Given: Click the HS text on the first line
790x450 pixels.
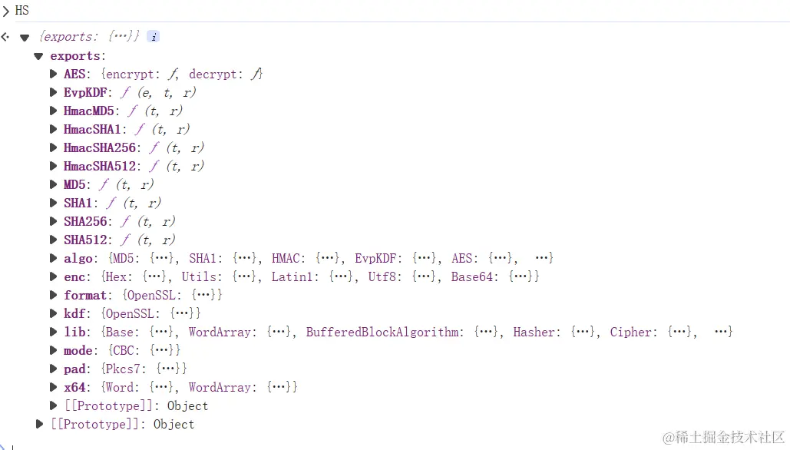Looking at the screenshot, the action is point(21,11).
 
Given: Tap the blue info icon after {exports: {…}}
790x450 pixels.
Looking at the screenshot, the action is point(153,37).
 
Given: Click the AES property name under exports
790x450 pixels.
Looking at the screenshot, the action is point(74,74).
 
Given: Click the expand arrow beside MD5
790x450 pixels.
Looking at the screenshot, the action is point(54,184).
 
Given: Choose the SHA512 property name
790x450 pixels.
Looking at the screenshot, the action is point(85,240).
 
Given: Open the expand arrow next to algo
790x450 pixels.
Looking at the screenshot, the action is point(54,258).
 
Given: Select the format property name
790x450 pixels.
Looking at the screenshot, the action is point(84,295).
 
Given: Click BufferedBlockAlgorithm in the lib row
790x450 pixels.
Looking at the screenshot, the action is point(384,332).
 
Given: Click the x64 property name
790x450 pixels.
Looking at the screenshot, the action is point(74,387).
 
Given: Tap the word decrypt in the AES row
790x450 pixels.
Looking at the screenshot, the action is point(214,74).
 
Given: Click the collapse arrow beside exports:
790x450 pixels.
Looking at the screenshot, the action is point(38,56).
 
